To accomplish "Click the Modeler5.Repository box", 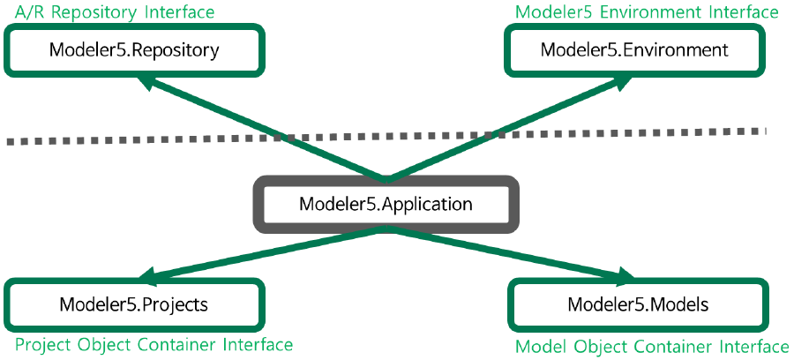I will [x=133, y=49].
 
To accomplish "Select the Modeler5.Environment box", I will [x=635, y=49].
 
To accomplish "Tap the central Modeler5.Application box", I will [x=386, y=205].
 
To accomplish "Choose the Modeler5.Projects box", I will [x=133, y=305].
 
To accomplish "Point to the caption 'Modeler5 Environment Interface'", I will [x=647, y=11].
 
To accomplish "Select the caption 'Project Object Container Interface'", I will [x=154, y=344].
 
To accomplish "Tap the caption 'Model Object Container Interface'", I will [x=651, y=346].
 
